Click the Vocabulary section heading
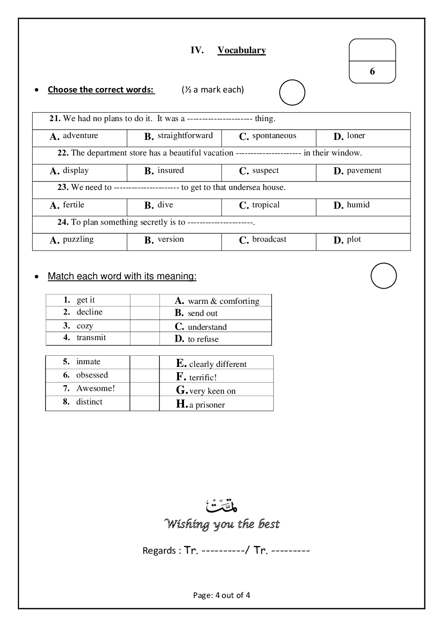242,50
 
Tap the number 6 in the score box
372,72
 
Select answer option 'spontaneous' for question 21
274,136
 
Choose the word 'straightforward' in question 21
185,136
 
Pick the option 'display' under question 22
75,171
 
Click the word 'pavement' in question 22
364,171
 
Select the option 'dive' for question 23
165,205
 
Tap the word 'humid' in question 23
358,205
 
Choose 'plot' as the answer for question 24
354,240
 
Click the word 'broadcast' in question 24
269,240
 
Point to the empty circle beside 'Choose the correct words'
292,93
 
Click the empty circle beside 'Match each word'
384,276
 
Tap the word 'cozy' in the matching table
85,326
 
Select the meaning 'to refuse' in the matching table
203,339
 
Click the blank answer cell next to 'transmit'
145,338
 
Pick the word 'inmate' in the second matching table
88,362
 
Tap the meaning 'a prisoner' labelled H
207,405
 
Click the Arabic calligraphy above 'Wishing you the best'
221,505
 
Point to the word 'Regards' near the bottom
159,551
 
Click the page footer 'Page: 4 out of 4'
221,595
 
